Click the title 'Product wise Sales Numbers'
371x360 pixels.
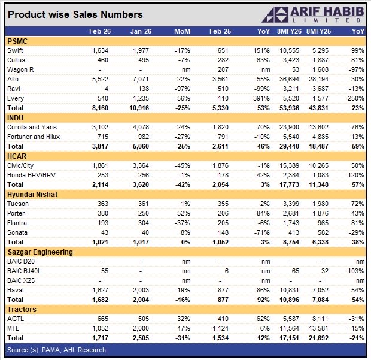75,14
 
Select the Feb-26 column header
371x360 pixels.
98,31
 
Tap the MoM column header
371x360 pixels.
182,31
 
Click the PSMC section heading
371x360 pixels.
19,41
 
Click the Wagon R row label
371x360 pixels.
20,69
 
